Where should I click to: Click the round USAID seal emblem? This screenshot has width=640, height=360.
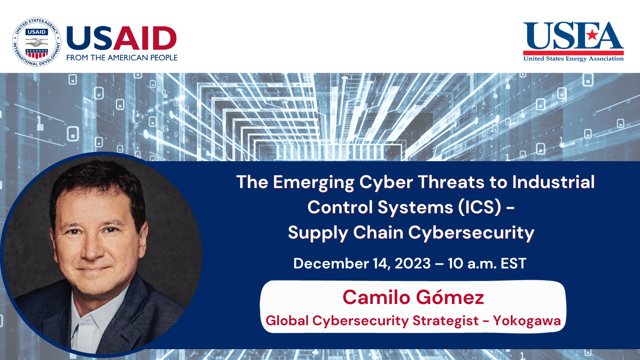(x=37, y=42)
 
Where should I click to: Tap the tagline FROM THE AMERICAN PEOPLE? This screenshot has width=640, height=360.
(x=122, y=58)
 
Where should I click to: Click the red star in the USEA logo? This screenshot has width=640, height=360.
(x=592, y=35)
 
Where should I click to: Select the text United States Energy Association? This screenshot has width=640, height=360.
(x=573, y=58)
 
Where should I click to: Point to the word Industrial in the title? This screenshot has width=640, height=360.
(x=553, y=182)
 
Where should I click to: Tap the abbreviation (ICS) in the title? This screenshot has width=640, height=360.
(x=480, y=207)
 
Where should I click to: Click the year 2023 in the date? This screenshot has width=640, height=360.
(x=412, y=264)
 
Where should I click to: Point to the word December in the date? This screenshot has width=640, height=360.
(x=331, y=264)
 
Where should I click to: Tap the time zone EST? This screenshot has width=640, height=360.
(x=513, y=264)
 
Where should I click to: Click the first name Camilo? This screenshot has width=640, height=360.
(x=376, y=298)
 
